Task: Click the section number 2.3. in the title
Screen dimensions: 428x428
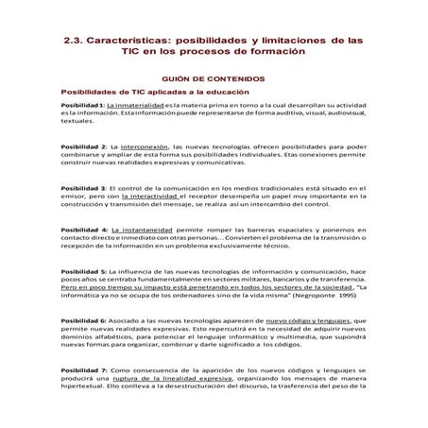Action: click(x=77, y=44)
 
